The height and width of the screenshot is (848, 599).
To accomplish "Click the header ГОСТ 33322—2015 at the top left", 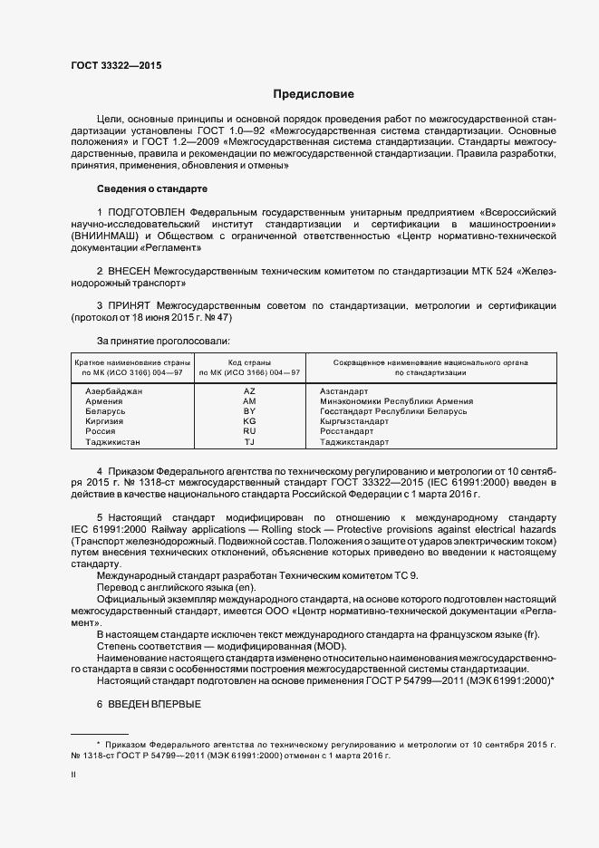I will click(116, 66).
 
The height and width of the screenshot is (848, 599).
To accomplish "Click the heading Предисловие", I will click(313, 94).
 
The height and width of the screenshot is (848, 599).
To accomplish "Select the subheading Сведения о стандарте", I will click(151, 188).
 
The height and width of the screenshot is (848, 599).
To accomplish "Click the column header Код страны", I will click(249, 361).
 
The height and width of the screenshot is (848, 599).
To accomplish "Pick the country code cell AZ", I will click(250, 390).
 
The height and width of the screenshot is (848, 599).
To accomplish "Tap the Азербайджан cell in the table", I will click(113, 390).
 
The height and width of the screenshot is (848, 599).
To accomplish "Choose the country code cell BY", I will click(250, 411).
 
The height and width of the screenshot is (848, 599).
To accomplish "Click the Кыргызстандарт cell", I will click(354, 421).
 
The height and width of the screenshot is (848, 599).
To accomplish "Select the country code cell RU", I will click(250, 432).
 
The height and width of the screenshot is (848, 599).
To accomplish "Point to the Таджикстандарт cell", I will click(354, 442).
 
